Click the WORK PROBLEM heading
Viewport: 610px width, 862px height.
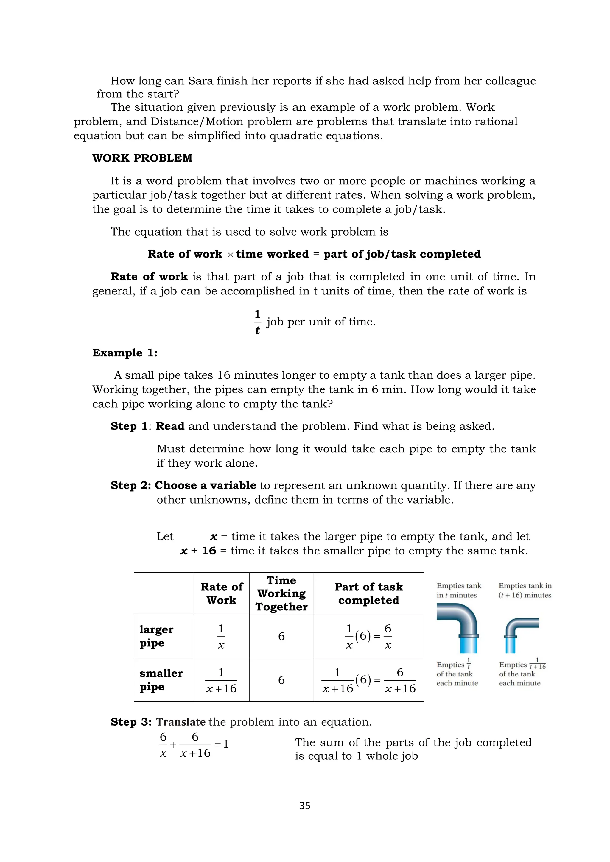click(142, 158)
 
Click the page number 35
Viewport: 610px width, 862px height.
click(305, 806)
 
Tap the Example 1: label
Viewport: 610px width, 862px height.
click(125, 353)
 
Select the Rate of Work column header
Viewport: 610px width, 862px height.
click(221, 593)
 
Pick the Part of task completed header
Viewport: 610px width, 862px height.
click(368, 593)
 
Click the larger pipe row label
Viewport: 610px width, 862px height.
click(156, 636)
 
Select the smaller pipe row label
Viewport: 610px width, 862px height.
click(161, 680)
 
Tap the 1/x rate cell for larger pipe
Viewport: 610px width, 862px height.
click(221, 636)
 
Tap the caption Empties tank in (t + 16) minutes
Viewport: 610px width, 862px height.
click(525, 590)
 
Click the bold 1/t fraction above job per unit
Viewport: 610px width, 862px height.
click(257, 322)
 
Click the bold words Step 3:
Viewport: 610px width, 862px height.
click(131, 722)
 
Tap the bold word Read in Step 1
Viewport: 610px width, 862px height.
click(170, 426)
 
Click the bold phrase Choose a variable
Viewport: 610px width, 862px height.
click(206, 485)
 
